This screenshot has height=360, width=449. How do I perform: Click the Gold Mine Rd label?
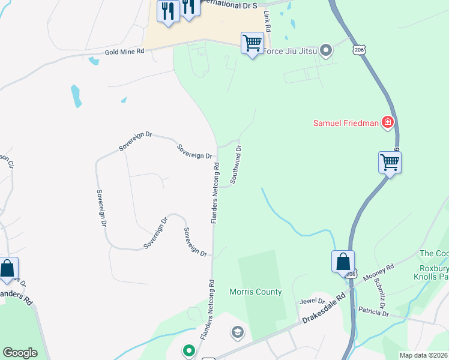125,52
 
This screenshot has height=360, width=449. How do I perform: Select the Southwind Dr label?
236,164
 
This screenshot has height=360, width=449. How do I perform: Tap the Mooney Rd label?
378,273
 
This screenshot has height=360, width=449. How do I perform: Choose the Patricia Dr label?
373,313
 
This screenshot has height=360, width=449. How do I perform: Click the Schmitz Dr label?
381,290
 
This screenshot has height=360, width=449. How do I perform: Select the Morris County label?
255,292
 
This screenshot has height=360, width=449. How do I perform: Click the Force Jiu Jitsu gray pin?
326,50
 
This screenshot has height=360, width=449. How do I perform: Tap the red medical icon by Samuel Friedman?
388,123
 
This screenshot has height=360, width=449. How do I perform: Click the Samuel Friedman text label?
346,124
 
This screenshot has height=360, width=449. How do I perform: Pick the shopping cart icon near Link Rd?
252,43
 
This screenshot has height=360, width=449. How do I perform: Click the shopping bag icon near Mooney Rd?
343,262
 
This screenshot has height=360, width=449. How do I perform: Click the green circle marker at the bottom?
189,350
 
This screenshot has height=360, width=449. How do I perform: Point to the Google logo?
20,353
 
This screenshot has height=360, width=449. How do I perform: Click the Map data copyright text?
424,355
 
